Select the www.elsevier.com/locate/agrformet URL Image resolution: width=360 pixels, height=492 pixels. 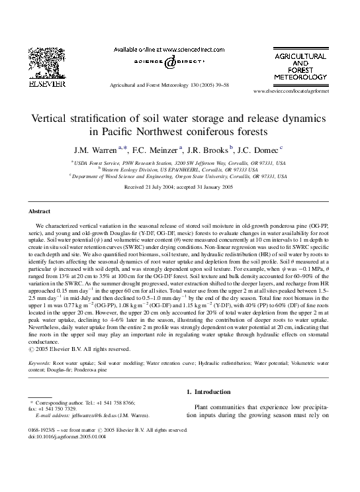click(x=291, y=91)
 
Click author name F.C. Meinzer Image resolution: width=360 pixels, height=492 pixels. click(x=158, y=149)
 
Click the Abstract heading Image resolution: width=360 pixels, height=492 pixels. click(x=40, y=211)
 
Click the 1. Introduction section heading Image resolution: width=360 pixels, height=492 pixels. click(x=211, y=392)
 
